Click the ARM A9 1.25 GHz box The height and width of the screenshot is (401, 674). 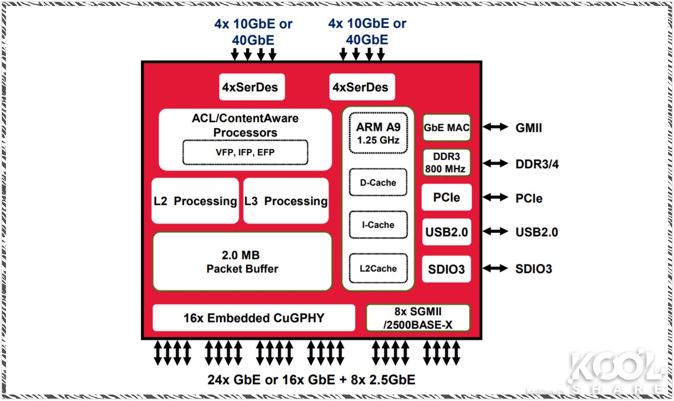click(x=378, y=133)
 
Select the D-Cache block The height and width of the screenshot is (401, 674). click(x=378, y=183)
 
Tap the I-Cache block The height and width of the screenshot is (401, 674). click(x=378, y=225)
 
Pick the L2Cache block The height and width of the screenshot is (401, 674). click(x=378, y=268)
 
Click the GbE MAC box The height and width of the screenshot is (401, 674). click(x=446, y=128)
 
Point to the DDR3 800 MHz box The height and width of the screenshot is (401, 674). click(x=446, y=163)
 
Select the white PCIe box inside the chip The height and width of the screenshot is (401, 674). click(x=446, y=198)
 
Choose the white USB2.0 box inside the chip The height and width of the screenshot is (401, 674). click(x=446, y=232)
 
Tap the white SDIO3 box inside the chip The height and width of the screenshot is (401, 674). click(x=446, y=269)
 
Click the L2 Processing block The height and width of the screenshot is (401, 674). click(x=195, y=201)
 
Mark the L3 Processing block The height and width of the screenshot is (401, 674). click(x=286, y=201)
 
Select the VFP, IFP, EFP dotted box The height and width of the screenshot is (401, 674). click(x=245, y=152)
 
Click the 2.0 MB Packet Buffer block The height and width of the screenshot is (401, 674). click(x=242, y=262)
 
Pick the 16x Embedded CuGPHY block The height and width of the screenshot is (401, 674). click(x=253, y=318)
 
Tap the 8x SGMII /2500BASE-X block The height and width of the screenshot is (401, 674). click(x=418, y=318)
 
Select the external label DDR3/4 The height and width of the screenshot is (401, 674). click(x=537, y=164)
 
